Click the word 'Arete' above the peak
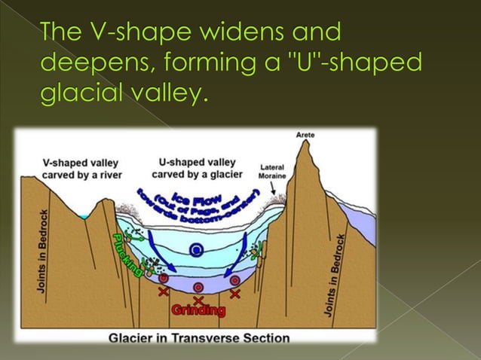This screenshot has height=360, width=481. point(305,135)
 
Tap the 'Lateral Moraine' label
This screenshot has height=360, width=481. point(271,171)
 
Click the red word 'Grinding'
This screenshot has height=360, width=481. point(199,310)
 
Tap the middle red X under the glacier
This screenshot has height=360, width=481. point(198,299)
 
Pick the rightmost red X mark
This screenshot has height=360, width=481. point(235,292)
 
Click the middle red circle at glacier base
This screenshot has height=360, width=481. point(198,287)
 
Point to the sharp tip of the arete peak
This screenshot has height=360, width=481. point(305,143)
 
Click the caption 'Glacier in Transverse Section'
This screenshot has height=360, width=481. point(199,338)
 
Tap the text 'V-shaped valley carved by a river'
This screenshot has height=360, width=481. point(80,168)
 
